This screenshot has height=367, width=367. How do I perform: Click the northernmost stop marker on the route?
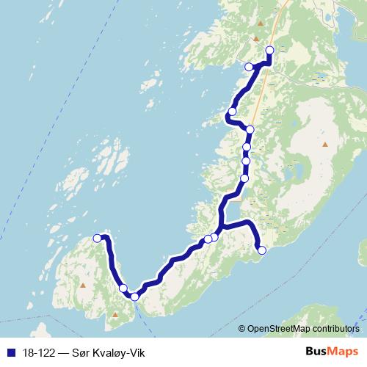tap(269, 51)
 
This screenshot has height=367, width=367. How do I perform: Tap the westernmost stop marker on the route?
tap(97, 237)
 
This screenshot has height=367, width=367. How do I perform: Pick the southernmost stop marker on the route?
tap(134, 297)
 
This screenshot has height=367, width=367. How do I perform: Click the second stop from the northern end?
tap(249, 67)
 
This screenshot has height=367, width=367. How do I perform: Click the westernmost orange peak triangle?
tap(83, 285)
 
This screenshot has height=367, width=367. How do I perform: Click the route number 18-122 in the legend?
tap(37, 353)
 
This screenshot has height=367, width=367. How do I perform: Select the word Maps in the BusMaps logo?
tap(344, 352)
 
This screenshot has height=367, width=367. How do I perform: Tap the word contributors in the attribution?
tap(335, 329)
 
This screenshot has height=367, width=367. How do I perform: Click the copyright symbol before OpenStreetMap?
tap(242, 329)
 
